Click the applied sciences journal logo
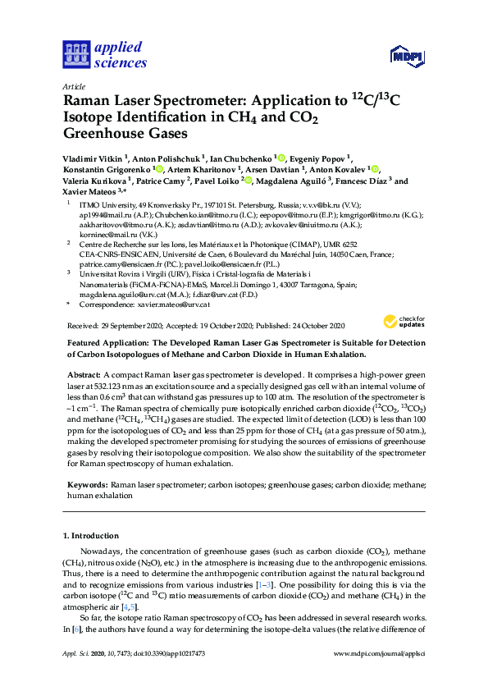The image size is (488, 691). pyautogui.click(x=104, y=54)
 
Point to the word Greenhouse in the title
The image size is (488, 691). pyautogui.click(x=107, y=134)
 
